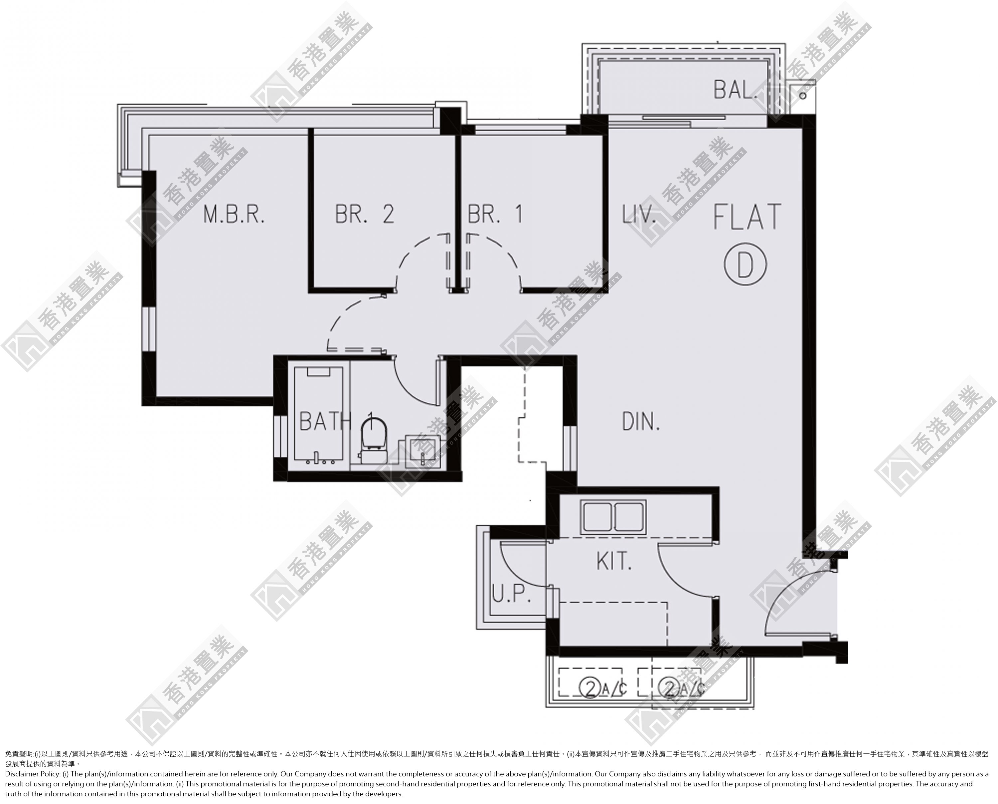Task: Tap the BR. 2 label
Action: (365, 214)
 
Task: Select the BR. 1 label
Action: (495, 214)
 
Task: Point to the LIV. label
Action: (639, 215)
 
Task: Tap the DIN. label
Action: (641, 422)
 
